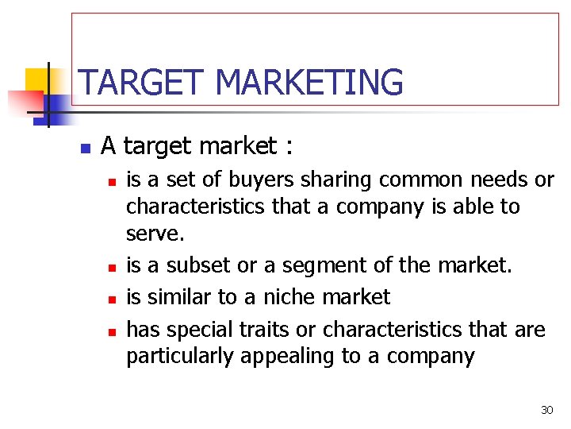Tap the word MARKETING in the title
pos(309,83)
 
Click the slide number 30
pos(546,410)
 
